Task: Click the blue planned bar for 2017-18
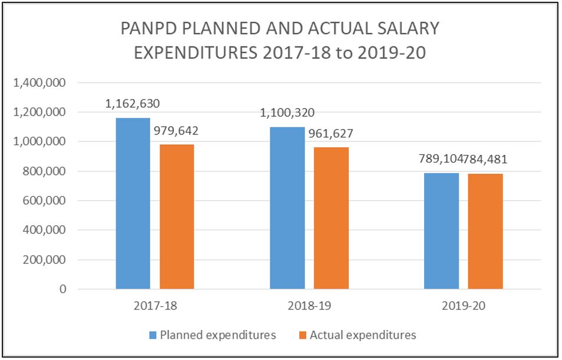(x=133, y=203)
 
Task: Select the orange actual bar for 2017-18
(x=177, y=217)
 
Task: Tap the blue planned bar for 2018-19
(x=287, y=208)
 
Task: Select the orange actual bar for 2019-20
(x=485, y=232)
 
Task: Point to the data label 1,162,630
(x=133, y=104)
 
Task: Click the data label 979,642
(x=177, y=131)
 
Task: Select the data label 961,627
(x=331, y=133)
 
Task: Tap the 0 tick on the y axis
(x=61, y=289)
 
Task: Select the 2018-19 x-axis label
(x=309, y=306)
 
